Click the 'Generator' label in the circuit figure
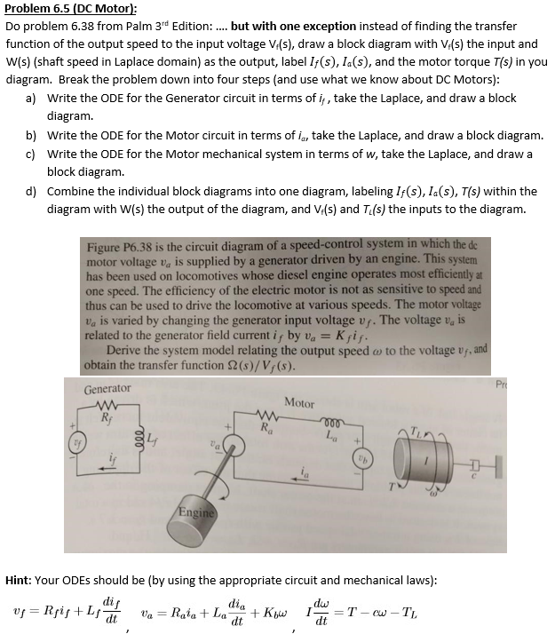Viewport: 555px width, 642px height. tap(107, 389)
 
